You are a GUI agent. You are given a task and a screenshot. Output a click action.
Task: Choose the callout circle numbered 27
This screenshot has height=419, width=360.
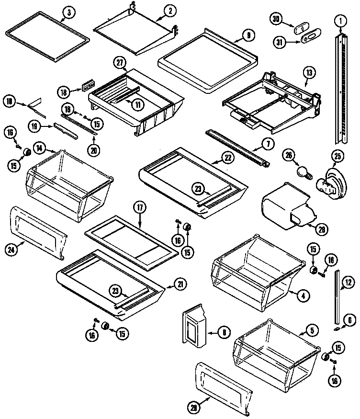point(120,61)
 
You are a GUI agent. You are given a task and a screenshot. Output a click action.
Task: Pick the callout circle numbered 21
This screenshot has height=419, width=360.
point(180,284)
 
